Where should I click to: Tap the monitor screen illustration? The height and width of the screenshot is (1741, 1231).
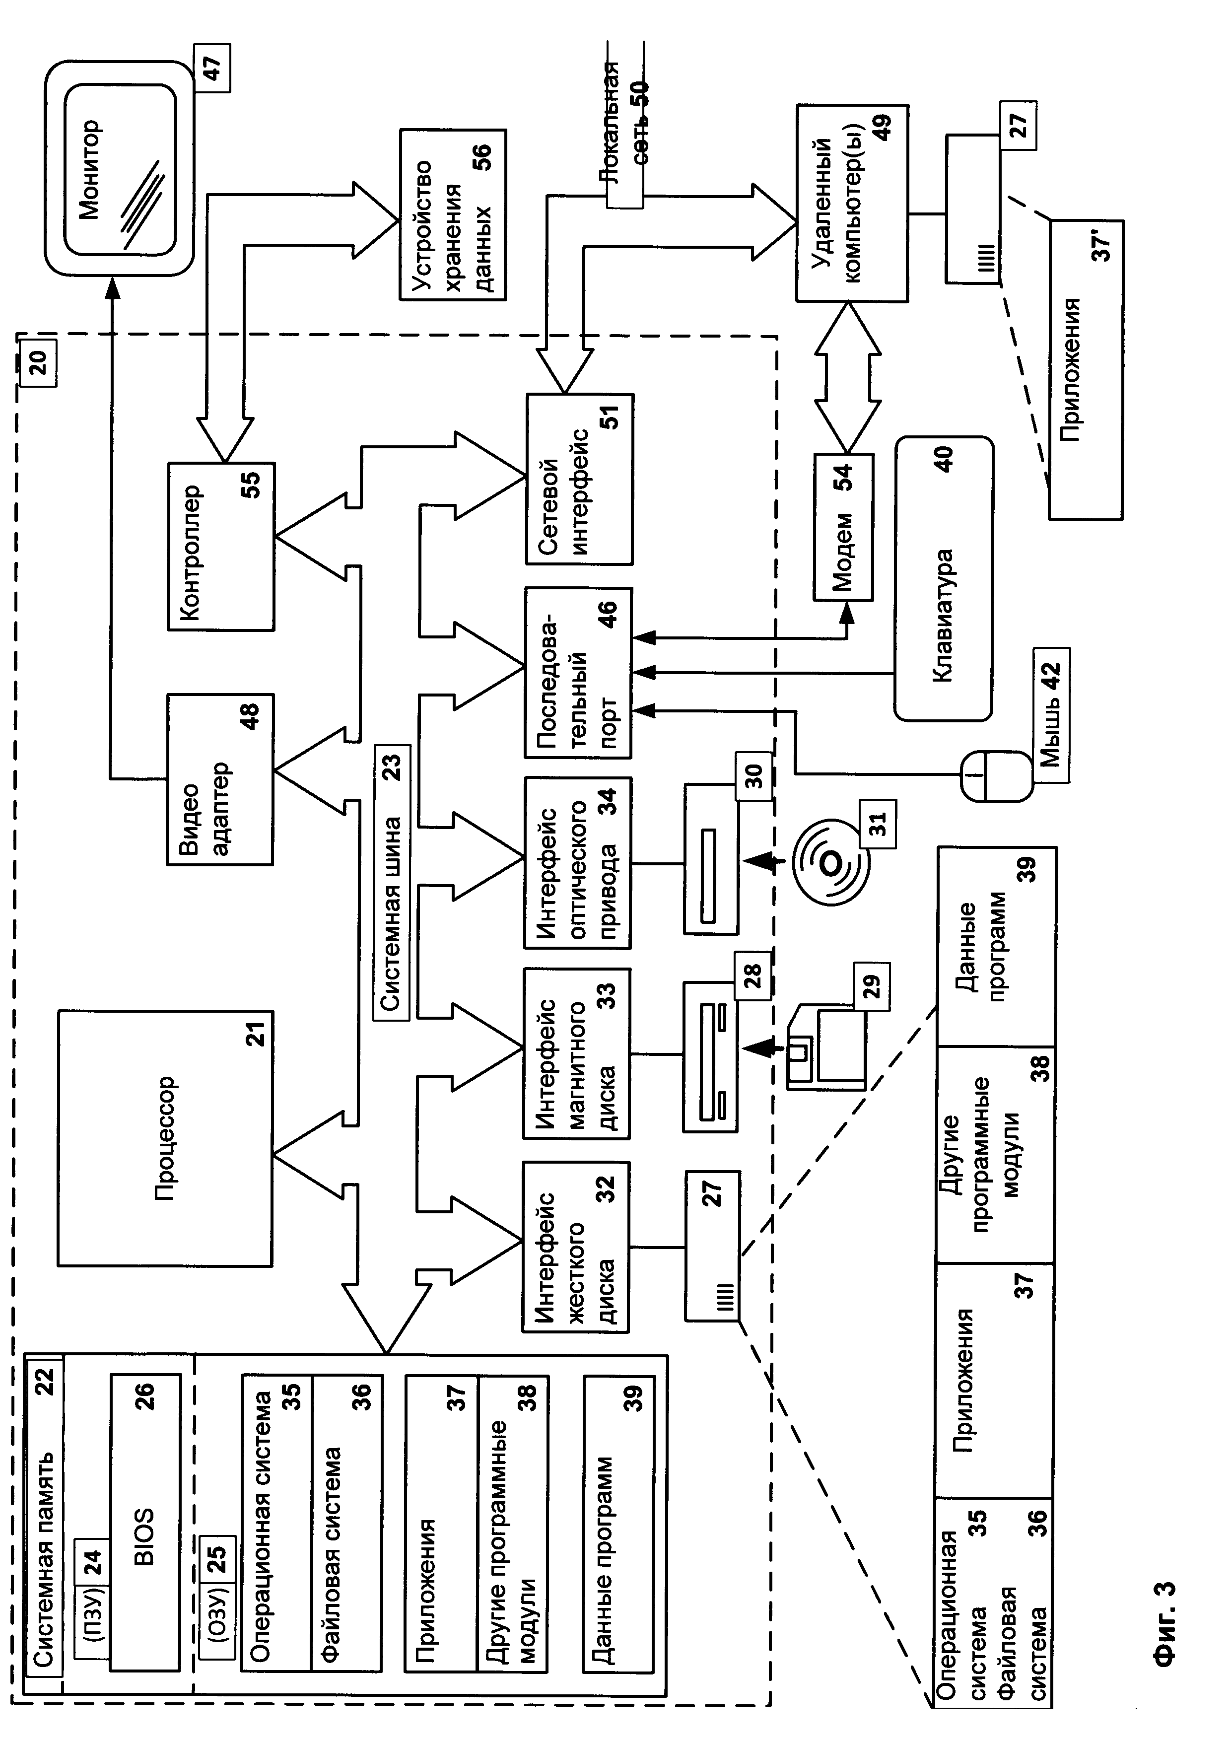pyautogui.click(x=119, y=169)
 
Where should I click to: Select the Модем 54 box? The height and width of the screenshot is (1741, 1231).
pyautogui.click(x=843, y=527)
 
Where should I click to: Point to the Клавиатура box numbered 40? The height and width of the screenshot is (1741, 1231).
pyautogui.click(x=943, y=578)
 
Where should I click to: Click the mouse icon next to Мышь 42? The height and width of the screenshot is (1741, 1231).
pyautogui.click(x=995, y=776)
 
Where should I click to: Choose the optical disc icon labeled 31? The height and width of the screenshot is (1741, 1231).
pyautogui.click(x=830, y=862)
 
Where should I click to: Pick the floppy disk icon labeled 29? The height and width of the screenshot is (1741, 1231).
pyautogui.click(x=826, y=1048)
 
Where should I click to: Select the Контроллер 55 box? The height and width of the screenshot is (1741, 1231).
pyautogui.click(x=220, y=547)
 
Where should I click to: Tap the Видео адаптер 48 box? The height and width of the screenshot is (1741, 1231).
pyautogui.click(x=220, y=779)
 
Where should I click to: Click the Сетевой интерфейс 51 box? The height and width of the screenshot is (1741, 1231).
pyautogui.click(x=579, y=479)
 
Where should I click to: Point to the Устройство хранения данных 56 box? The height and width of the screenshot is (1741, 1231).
pyautogui.click(x=453, y=214)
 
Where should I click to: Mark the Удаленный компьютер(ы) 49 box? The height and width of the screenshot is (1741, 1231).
pyautogui.click(x=851, y=203)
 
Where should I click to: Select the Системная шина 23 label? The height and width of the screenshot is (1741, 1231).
pyautogui.click(x=392, y=883)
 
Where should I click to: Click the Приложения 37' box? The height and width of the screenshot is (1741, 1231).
pyautogui.click(x=1086, y=369)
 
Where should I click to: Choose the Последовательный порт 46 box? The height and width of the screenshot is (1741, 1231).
pyautogui.click(x=577, y=672)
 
